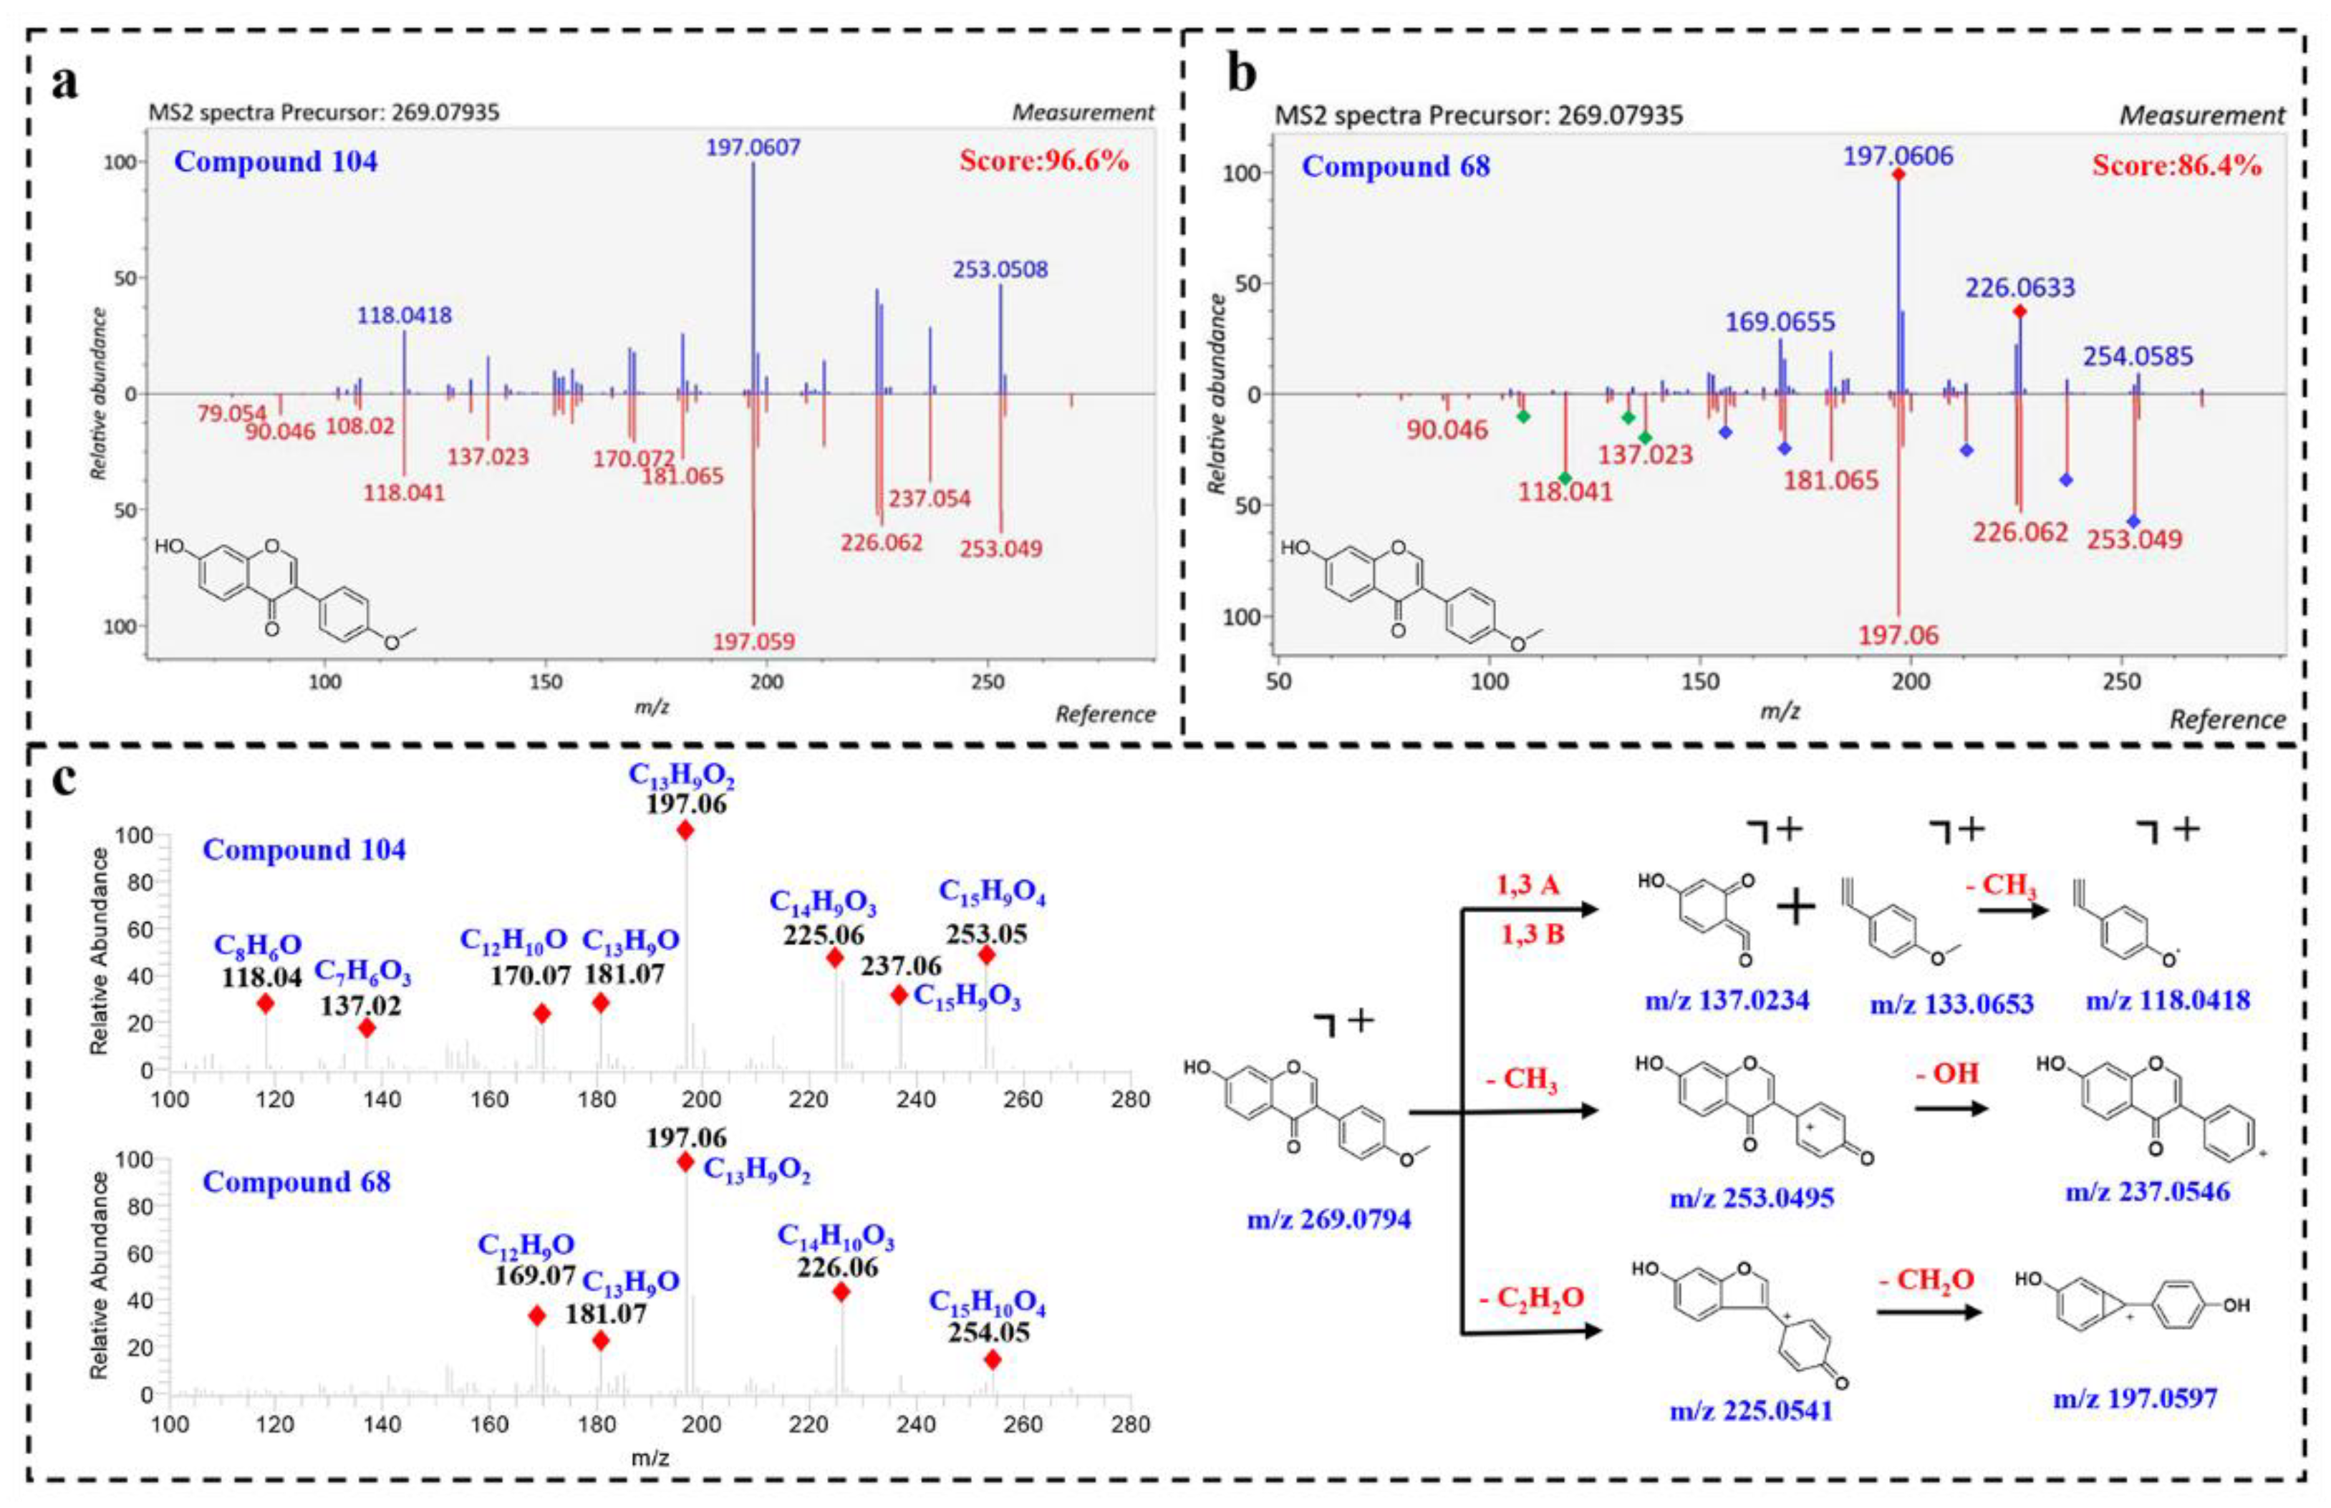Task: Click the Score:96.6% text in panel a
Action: tap(1043, 160)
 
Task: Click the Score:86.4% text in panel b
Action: tap(2176, 165)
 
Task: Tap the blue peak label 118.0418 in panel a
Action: tap(405, 315)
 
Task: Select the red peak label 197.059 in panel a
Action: tap(753, 642)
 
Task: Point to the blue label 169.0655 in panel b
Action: tap(1780, 322)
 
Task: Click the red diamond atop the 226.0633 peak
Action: tap(2019, 311)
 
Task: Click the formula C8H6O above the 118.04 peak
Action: tap(258, 945)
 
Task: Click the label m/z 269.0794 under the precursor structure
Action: tap(1328, 1220)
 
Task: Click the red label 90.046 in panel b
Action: tap(1447, 429)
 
